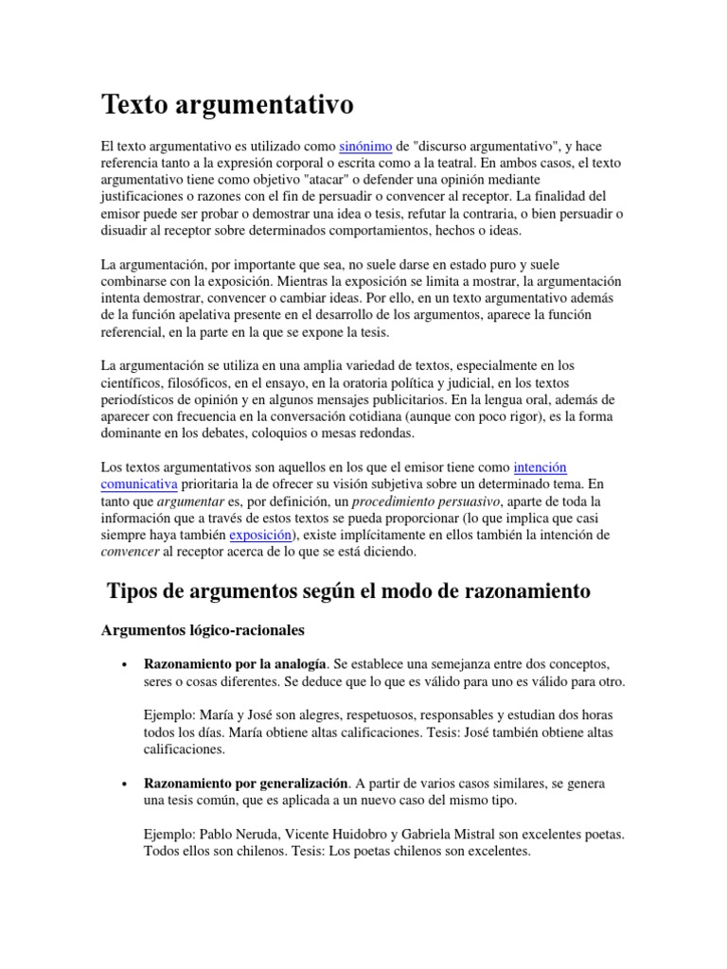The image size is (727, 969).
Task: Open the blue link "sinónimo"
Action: (x=365, y=147)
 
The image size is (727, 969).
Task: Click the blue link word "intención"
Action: (x=540, y=467)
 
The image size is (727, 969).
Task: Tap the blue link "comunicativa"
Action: (x=142, y=484)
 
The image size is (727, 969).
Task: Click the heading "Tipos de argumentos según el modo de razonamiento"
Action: (x=348, y=591)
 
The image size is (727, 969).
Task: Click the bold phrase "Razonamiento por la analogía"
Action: (x=235, y=663)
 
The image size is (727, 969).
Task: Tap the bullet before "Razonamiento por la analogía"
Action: (x=125, y=664)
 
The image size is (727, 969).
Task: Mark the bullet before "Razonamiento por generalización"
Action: (x=125, y=784)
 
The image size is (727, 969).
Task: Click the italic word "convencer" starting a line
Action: (x=130, y=552)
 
